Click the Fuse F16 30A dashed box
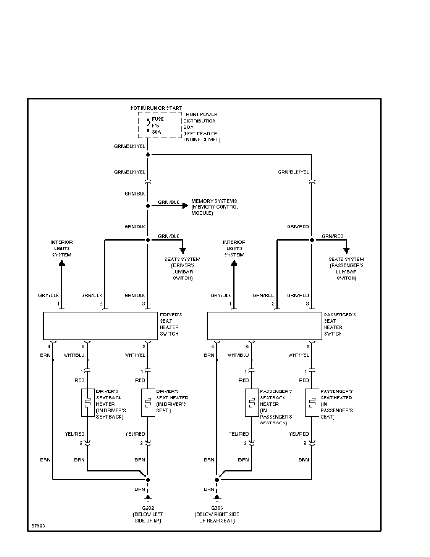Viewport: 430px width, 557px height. tap(159, 125)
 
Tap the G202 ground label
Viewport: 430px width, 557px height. tap(148, 508)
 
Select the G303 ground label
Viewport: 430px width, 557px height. tap(217, 508)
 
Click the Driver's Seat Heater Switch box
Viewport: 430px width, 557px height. tap(101, 325)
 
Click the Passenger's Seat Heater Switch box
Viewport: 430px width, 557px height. tap(265, 325)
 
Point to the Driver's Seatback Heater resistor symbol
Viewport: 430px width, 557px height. tap(87, 402)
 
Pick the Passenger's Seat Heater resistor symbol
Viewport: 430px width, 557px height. tap(311, 402)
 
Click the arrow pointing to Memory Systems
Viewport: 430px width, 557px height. tap(184, 205)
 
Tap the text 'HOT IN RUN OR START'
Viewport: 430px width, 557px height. tap(156, 108)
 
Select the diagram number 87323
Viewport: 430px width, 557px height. tap(38, 526)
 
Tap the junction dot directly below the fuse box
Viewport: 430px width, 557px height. tap(148, 154)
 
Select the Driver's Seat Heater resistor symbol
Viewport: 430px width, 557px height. tap(148, 402)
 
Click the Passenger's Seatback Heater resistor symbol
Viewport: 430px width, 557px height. tap(252, 402)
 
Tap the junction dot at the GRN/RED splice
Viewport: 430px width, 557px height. tap(311, 240)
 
